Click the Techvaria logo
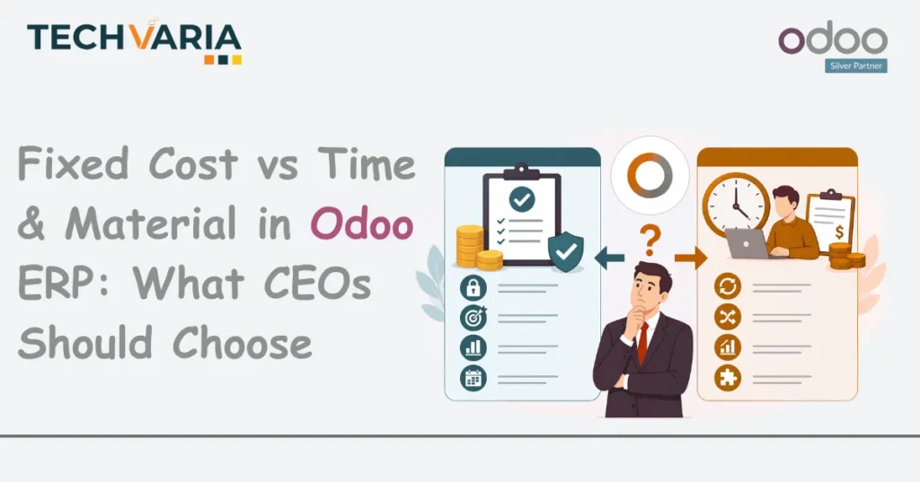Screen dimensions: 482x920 coord(134,41)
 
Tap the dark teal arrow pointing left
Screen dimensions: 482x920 coord(609,259)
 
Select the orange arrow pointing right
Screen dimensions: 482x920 coord(689,259)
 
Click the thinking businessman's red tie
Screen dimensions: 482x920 coord(642,342)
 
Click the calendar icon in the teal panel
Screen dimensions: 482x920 coord(473,377)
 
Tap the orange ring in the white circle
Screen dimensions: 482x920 coord(650,175)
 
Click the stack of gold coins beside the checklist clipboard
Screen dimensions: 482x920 coord(469,247)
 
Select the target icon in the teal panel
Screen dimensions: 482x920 coord(473,318)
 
